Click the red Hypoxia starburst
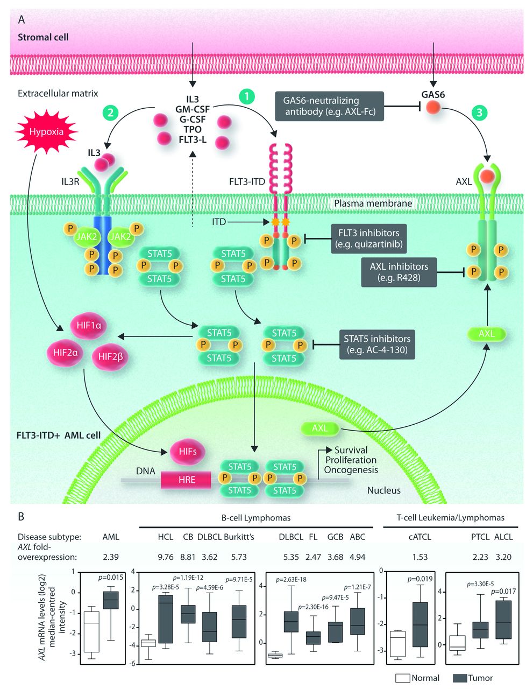tap(46, 131)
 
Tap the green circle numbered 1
tap(246, 96)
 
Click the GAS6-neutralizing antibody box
tap(330, 106)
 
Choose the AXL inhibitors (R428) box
tap(399, 272)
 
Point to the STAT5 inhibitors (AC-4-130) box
tap(377, 344)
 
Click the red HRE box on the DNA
tap(187, 480)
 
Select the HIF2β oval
tap(110, 355)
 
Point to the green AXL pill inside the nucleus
tap(320, 428)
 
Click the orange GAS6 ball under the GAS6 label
tap(433, 107)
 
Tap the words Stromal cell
tap(43, 38)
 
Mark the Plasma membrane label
tap(373, 203)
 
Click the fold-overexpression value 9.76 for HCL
tap(165, 557)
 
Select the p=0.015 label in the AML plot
tap(111, 578)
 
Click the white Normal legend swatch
tap(402, 678)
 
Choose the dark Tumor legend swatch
tap(460, 678)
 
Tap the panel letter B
tap(21, 517)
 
